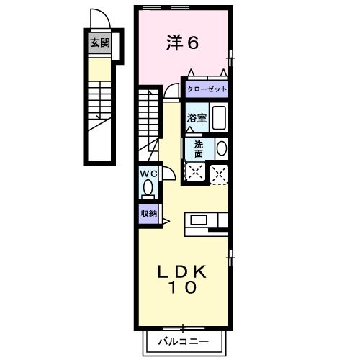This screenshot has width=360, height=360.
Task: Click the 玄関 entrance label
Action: click(x=99, y=43)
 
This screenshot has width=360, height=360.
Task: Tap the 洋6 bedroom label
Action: click(x=182, y=42)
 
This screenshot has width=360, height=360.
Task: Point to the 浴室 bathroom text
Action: click(x=197, y=117)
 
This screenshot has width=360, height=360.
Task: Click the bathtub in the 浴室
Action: click(x=219, y=118)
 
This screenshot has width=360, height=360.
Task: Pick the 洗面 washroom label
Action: click(x=198, y=148)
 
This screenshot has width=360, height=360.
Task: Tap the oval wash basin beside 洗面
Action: click(x=221, y=149)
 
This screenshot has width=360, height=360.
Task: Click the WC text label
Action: click(x=148, y=174)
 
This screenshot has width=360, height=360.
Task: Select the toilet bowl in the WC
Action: click(x=148, y=189)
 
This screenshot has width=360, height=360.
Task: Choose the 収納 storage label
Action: click(x=148, y=213)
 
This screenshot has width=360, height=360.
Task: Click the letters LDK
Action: click(x=184, y=271)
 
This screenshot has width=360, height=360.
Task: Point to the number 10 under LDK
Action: click(x=184, y=288)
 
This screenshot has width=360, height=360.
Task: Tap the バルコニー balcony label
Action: click(x=184, y=341)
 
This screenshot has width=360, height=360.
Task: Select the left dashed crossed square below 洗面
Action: click(x=194, y=171)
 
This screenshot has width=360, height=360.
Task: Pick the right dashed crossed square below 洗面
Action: click(x=219, y=171)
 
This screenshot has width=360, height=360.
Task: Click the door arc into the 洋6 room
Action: click(x=171, y=89)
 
